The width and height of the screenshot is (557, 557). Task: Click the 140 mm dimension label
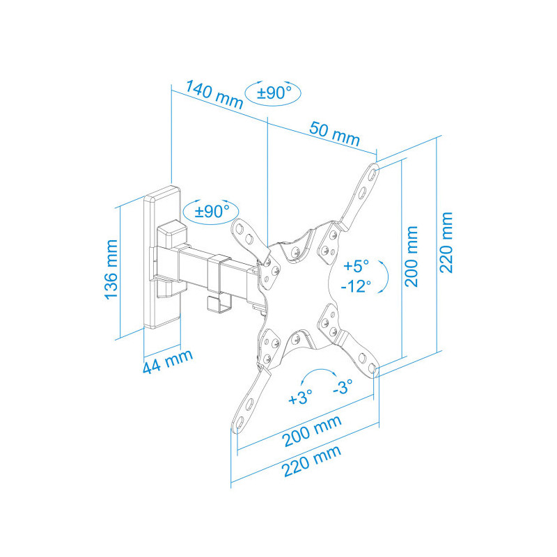click(214, 95)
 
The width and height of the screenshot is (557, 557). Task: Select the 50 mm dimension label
click(335, 134)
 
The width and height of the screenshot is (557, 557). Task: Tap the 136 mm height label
click(111, 269)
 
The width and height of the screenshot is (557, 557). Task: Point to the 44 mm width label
click(168, 361)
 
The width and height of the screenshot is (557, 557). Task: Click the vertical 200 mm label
click(411, 256)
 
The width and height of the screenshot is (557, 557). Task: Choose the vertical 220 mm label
click(446, 242)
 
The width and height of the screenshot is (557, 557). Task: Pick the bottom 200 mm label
click(312, 431)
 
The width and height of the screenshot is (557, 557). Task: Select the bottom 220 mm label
click(311, 461)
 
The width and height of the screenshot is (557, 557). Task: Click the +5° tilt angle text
click(356, 266)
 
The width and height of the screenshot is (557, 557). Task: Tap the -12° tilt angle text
click(356, 286)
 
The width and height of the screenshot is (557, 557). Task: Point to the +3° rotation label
click(301, 397)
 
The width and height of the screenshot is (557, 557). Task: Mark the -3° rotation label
click(343, 386)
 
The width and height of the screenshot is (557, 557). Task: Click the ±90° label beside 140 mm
click(274, 93)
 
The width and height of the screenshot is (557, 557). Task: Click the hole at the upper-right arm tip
click(372, 173)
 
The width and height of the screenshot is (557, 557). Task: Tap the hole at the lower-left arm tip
click(239, 423)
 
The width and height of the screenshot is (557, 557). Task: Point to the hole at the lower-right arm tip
click(372, 368)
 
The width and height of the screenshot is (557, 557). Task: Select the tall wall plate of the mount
click(162, 257)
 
